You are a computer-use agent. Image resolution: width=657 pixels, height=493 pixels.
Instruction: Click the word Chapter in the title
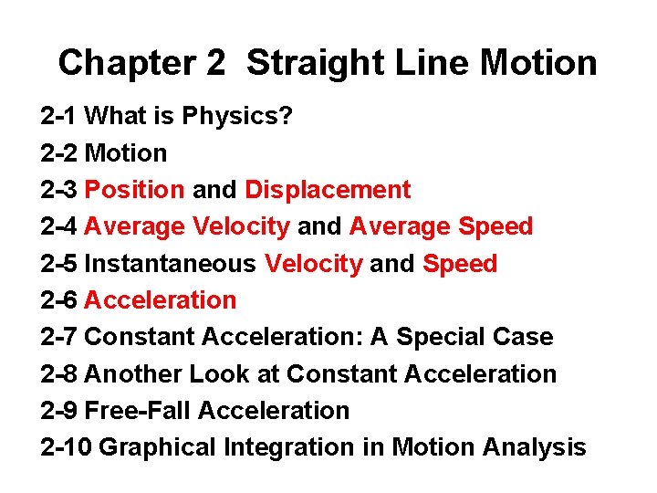click(x=123, y=63)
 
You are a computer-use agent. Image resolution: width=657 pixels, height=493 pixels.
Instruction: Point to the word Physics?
click(x=237, y=116)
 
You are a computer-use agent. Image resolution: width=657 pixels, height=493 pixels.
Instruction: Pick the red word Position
click(x=134, y=190)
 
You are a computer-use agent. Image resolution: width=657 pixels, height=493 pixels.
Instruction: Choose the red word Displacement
click(x=328, y=190)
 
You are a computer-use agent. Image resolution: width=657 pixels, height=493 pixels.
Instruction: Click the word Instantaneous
click(x=170, y=264)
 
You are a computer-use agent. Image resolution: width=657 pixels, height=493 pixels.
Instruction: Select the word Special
click(x=438, y=337)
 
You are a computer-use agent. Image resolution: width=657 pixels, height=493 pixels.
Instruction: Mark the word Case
click(x=522, y=337)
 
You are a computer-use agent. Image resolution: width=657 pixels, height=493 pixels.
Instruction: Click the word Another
click(x=133, y=374)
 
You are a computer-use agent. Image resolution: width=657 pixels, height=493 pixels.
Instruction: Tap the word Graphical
click(x=152, y=447)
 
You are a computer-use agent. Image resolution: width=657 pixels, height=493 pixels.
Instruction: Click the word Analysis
click(x=533, y=447)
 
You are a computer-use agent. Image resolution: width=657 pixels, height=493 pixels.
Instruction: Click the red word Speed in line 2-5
click(x=460, y=264)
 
